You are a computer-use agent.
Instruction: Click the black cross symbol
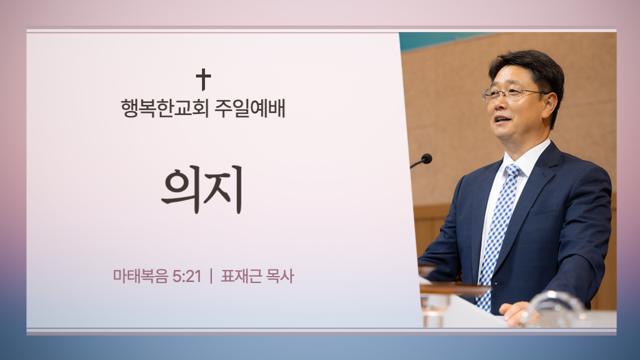tap(203, 79)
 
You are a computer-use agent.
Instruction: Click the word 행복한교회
tap(164, 108)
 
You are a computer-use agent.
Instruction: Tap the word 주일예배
tap(249, 108)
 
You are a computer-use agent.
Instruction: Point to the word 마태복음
tap(140, 276)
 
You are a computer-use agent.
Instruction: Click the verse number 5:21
tap(187, 276)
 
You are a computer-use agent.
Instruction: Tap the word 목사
tap(279, 276)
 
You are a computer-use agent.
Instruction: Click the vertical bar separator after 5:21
tap(211, 276)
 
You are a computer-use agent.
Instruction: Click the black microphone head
tap(426, 158)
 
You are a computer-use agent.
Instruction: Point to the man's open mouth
tap(503, 119)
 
